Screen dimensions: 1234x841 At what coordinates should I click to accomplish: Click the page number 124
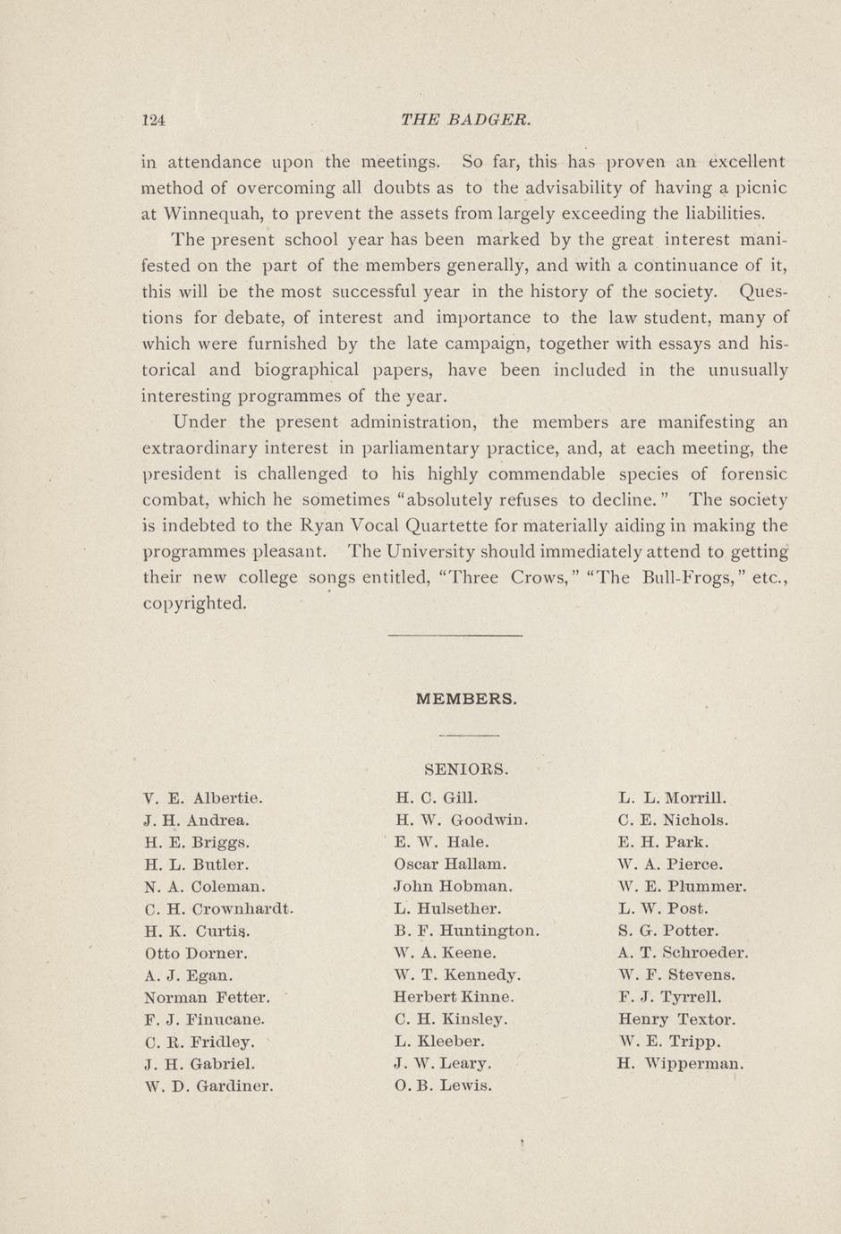(155, 120)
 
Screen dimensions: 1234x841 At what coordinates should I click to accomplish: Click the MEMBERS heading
(466, 699)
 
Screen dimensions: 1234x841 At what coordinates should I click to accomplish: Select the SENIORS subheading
(466, 769)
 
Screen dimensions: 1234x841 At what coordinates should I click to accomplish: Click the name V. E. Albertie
(203, 797)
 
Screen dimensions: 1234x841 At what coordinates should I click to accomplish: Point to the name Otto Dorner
(196, 953)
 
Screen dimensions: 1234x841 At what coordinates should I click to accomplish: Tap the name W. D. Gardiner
(208, 1086)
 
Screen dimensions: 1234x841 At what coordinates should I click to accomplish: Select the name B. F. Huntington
(466, 931)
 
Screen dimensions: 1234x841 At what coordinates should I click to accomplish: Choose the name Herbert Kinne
(454, 997)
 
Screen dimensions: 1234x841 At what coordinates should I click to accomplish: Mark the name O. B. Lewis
(443, 1085)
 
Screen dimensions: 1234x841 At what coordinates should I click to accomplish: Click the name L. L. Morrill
(672, 797)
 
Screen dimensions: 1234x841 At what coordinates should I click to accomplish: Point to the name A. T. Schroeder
(683, 953)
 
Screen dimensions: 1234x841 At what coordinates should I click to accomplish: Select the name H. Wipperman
(680, 1064)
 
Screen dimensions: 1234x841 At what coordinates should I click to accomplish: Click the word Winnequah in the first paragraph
(213, 214)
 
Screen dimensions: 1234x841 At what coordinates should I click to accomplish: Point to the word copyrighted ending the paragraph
(194, 603)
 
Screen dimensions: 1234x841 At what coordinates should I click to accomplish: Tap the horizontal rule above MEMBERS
(455, 635)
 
